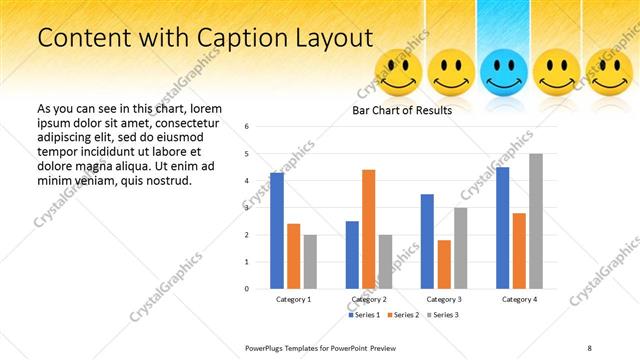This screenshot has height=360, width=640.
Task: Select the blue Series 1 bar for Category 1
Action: click(x=277, y=231)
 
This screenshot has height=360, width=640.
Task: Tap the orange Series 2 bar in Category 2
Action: click(x=368, y=229)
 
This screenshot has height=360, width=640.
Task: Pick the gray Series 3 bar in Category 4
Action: click(x=536, y=221)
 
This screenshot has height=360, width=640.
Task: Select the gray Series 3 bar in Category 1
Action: click(x=310, y=262)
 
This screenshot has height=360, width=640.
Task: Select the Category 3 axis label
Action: click(x=444, y=299)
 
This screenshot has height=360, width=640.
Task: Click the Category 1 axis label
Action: click(x=293, y=299)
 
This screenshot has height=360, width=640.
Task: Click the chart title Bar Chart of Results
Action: click(x=402, y=110)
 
